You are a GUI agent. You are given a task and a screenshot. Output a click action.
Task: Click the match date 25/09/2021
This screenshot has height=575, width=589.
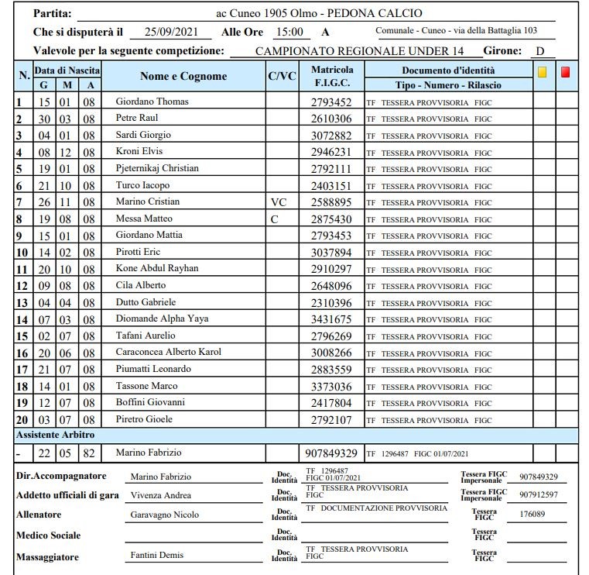coord(172,32)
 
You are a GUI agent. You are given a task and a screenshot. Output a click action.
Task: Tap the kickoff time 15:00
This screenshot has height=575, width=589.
coord(292,32)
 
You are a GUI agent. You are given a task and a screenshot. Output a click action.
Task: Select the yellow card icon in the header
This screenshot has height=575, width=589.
coord(543,72)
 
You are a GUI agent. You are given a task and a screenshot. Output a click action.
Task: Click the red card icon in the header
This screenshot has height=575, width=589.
coord(566,72)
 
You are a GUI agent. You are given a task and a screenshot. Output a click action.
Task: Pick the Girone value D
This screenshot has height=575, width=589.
coord(540,51)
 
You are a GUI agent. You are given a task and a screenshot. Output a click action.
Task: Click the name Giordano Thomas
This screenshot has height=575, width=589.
coord(152,102)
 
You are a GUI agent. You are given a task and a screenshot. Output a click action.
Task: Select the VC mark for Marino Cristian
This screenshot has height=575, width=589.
coord(279,202)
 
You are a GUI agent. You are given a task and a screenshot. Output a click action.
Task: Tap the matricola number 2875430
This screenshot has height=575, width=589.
coord(331,219)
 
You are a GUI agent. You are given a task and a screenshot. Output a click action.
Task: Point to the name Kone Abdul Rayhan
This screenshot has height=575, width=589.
coord(156,268)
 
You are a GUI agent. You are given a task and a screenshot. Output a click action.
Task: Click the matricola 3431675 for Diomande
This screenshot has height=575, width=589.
coord(331,319)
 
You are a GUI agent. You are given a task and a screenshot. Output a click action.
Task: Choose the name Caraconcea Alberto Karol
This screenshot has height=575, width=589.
coord(168,352)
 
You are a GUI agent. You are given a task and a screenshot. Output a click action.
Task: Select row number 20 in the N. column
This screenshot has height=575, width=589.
coord(22,419)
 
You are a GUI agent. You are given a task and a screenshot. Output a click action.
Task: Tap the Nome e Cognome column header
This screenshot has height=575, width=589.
coord(183,76)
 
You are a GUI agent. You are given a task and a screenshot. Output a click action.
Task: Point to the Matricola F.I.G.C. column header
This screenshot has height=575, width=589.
coord(332,76)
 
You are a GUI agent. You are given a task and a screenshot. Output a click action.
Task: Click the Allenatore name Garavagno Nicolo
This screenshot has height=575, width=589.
coord(164,515)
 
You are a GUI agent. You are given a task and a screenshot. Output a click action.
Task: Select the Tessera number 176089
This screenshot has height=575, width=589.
coord(533,514)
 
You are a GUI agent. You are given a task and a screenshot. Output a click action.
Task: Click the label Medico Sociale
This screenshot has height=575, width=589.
coord(48,535)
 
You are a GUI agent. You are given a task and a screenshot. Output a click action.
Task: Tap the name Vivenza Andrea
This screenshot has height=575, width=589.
coord(161,495)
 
